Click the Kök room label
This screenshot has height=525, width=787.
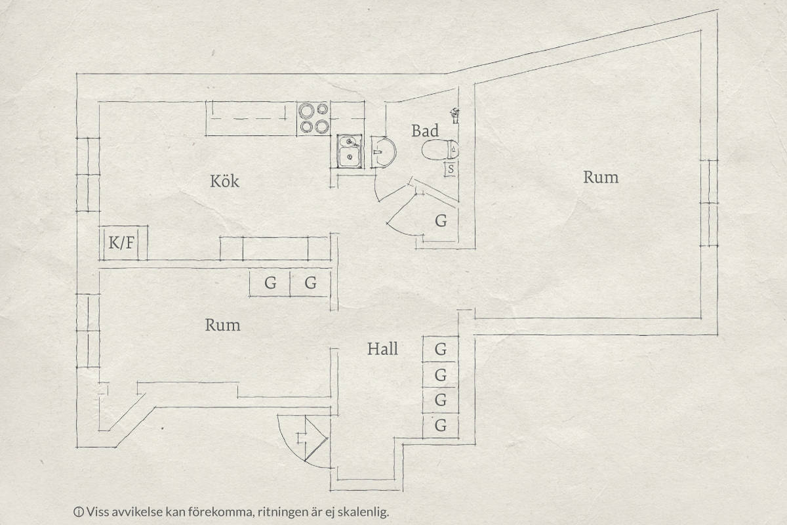pyautogui.click(x=224, y=181)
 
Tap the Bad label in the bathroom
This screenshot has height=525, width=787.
pyautogui.click(x=425, y=131)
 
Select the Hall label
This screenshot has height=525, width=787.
pyautogui.click(x=382, y=349)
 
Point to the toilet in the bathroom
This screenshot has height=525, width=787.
pyautogui.click(x=440, y=150)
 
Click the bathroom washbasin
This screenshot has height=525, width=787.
pyautogui.click(x=383, y=152)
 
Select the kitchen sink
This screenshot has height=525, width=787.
pyautogui.click(x=349, y=151)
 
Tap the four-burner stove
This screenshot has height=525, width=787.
pyautogui.click(x=313, y=118)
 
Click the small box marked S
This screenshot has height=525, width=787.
pyautogui.click(x=451, y=169)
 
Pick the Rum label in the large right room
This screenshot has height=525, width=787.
pyautogui.click(x=601, y=177)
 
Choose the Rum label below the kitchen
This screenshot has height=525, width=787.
pyautogui.click(x=223, y=325)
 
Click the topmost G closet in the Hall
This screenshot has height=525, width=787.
pyautogui.click(x=441, y=349)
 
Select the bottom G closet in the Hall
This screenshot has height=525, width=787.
pyautogui.click(x=441, y=426)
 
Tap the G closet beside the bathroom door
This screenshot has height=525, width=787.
pyautogui.click(x=441, y=221)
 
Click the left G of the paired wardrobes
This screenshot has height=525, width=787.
pyautogui.click(x=270, y=283)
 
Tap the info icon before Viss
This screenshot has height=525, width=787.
pyautogui.click(x=78, y=512)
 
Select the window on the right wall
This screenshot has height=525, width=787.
pyautogui.click(x=709, y=203)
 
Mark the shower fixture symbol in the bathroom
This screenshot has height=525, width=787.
pyautogui.click(x=454, y=115)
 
